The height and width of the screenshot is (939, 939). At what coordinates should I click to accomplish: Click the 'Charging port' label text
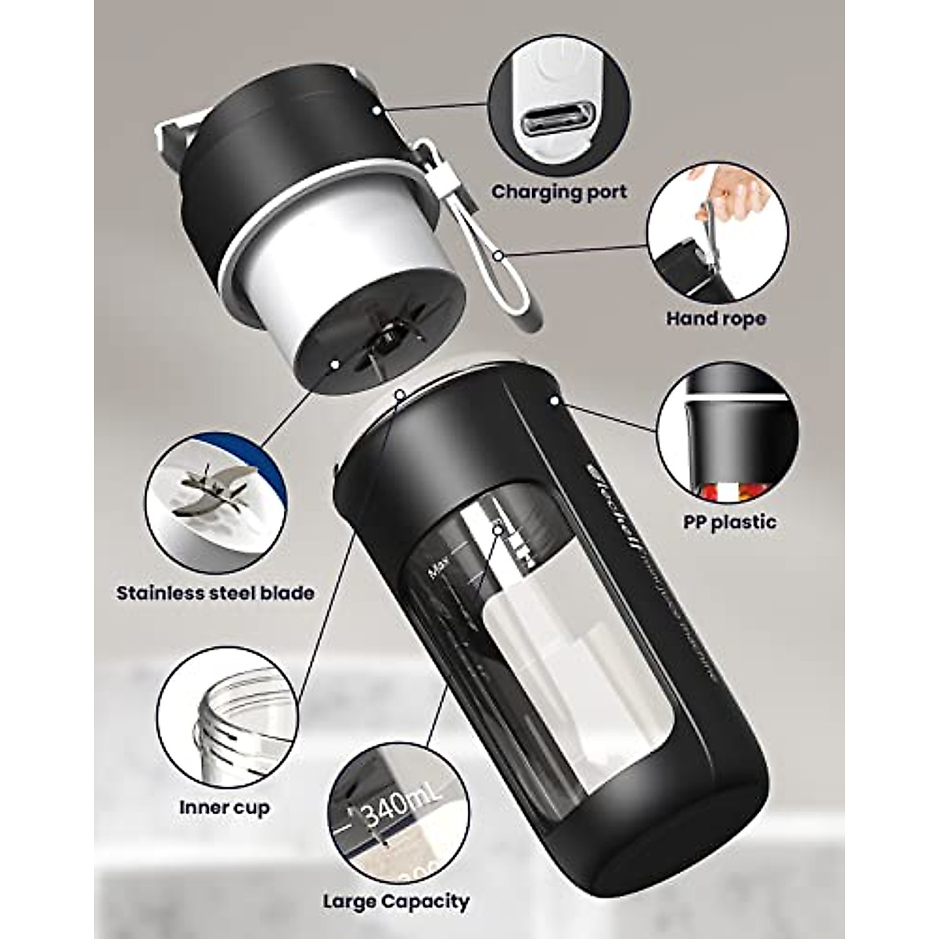pyautogui.click(x=559, y=191)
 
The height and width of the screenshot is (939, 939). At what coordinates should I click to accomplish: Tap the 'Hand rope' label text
pyautogui.click(x=715, y=318)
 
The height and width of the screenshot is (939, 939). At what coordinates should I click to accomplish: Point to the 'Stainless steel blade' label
pyautogui.click(x=215, y=592)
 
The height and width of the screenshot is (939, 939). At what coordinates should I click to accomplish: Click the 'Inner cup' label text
pyautogui.click(x=224, y=807)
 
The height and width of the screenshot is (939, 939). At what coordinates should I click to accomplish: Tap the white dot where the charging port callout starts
pyautogui.click(x=378, y=111)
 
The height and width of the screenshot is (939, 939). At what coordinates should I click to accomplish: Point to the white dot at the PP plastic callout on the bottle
pyautogui.click(x=553, y=400)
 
